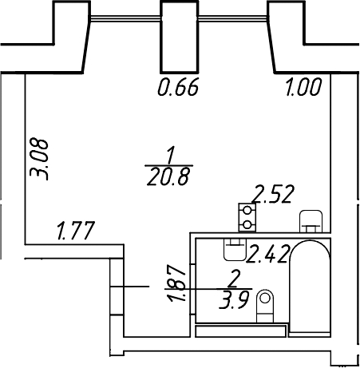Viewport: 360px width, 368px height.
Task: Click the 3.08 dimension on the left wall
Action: coord(39,159)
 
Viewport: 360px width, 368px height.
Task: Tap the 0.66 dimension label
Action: coord(178,87)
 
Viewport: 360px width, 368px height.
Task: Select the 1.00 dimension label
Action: coord(303,87)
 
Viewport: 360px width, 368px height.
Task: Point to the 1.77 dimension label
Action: coord(76,231)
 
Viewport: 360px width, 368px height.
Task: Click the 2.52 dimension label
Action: coord(274,194)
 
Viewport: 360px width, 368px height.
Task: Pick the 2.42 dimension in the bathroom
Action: coord(267,254)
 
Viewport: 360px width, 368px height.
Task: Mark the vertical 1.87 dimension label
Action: coord(176,283)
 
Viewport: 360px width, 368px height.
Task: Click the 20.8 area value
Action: coord(168,177)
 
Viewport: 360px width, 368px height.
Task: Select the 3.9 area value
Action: coord(235,300)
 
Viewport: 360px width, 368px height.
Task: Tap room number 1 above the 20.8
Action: coord(171,155)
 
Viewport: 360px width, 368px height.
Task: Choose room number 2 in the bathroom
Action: coord(234,279)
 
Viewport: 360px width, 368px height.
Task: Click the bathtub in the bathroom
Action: coord(310,286)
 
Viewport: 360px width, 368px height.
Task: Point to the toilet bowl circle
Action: coord(265,298)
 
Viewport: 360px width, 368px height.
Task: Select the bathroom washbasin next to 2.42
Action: coord(235,249)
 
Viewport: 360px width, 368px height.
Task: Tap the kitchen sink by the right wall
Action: coord(311,221)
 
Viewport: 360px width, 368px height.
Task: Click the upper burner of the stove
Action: coord(247,211)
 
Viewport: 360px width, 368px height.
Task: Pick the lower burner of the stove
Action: coord(247,225)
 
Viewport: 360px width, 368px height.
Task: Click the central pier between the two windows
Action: coord(180,37)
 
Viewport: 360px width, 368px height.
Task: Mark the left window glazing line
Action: coord(125,18)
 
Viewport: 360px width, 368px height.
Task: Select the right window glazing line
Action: coord(233,18)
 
